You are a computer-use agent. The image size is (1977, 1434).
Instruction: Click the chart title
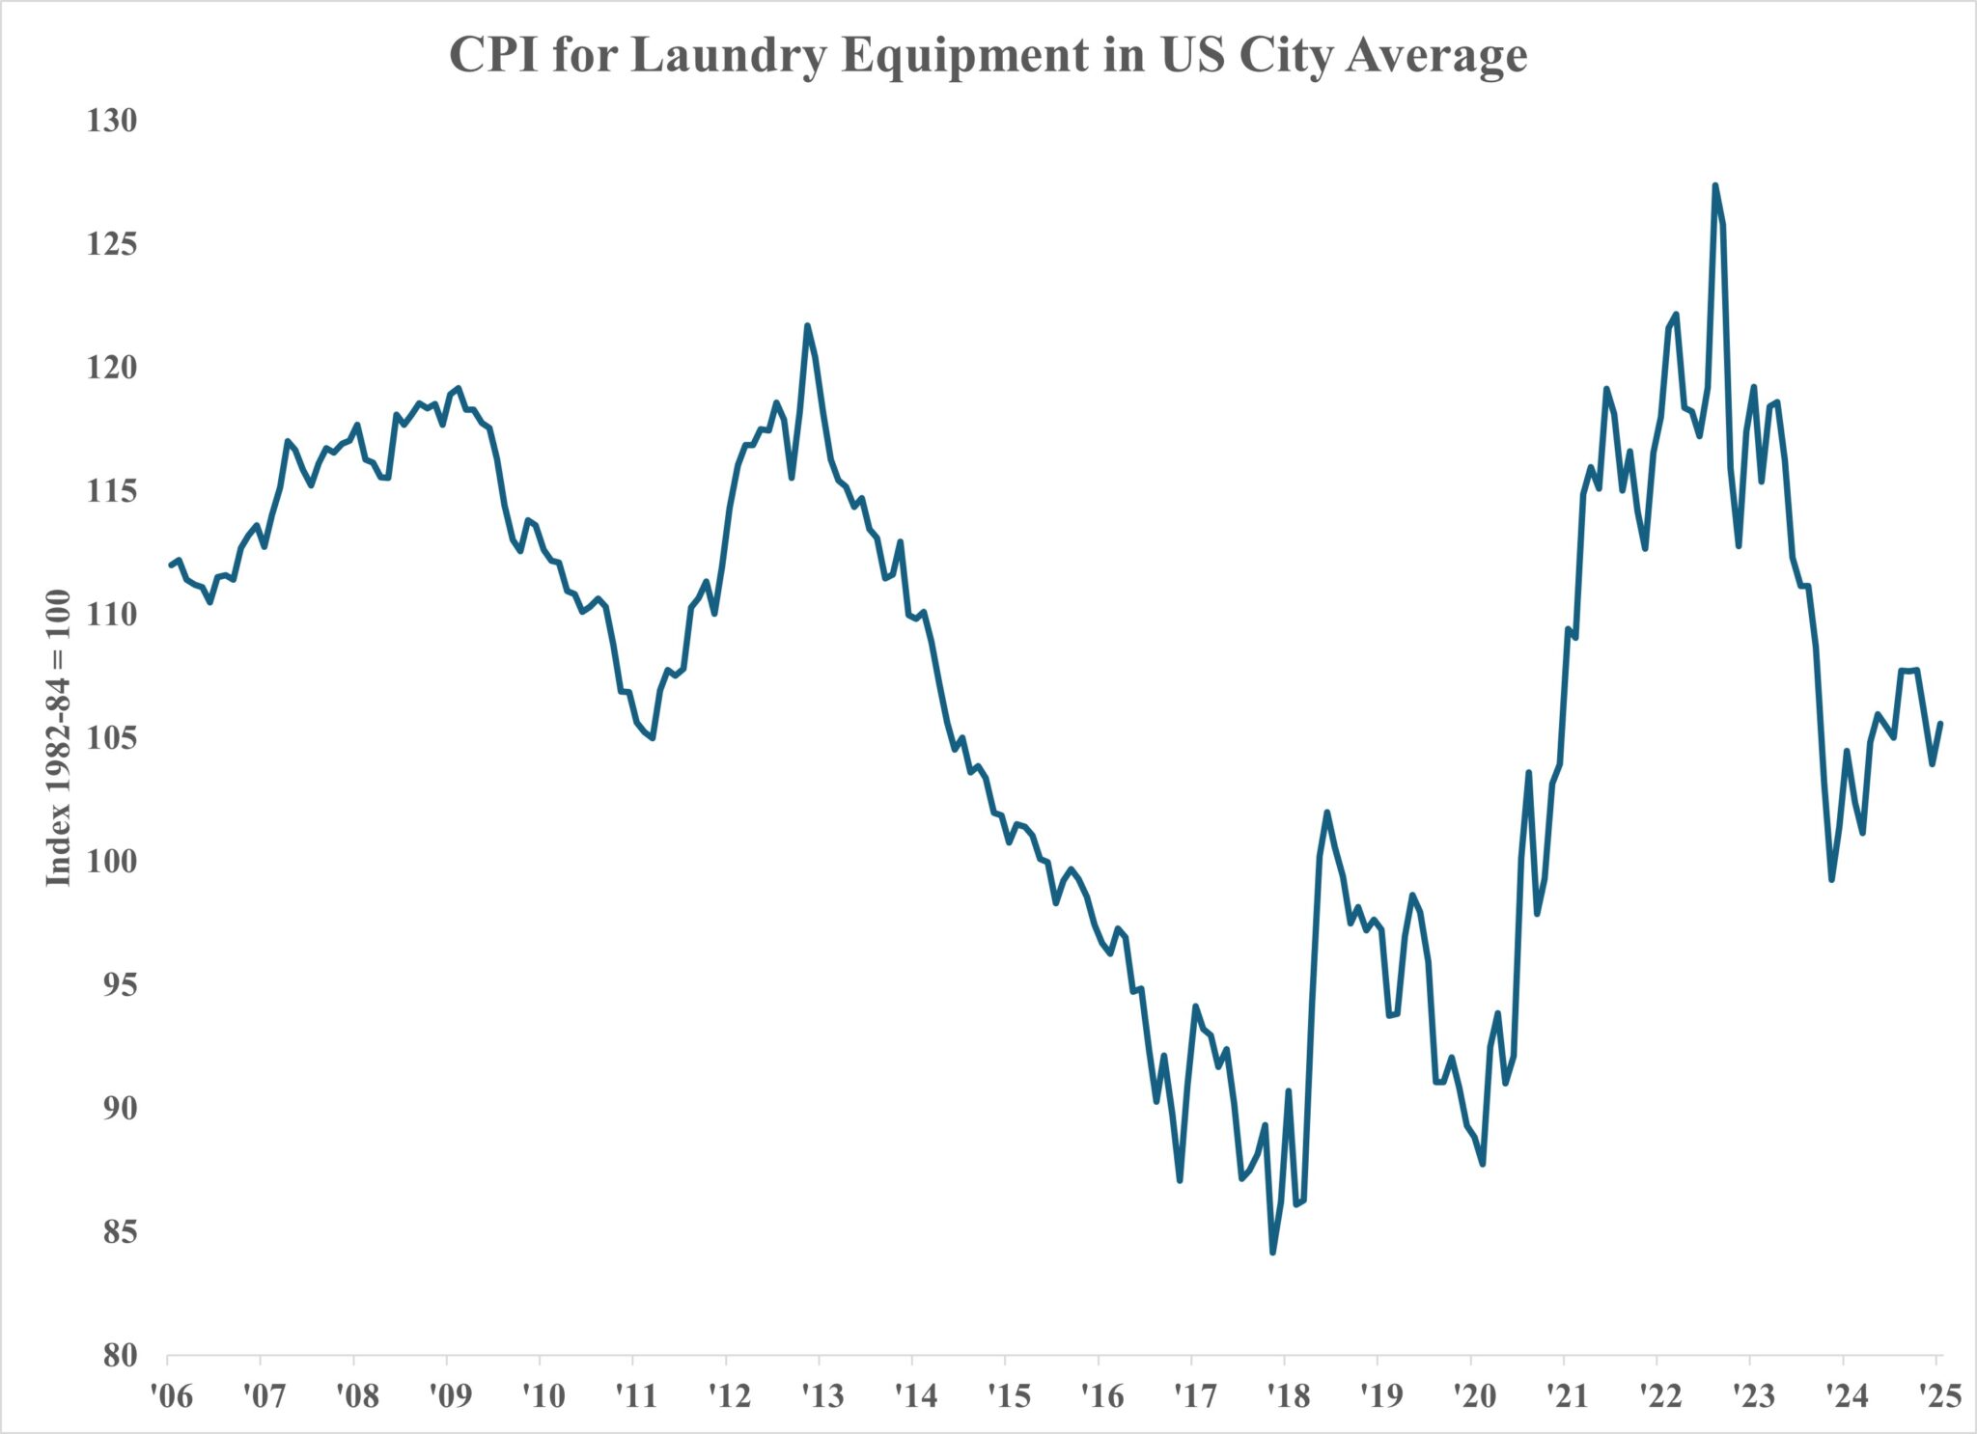pos(988,54)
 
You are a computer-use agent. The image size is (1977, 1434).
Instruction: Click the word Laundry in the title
pos(734,56)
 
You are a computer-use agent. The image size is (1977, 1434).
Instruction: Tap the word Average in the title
pos(1436,56)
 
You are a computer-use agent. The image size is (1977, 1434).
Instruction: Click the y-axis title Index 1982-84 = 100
pos(59,737)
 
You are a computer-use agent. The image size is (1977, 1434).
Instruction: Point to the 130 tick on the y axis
pos(112,121)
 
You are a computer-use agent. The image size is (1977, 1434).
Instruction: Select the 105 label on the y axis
pos(112,738)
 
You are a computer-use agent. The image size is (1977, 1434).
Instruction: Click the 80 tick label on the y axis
pos(120,1356)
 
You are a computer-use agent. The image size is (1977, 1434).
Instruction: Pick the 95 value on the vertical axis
pos(120,985)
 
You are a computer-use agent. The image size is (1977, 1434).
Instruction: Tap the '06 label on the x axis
pos(171,1395)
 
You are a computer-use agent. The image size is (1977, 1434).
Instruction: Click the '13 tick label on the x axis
pos(822,1395)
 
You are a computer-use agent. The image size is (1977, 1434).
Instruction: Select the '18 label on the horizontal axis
pos(1288,1395)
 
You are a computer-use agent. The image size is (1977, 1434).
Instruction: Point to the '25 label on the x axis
pos(1939,1395)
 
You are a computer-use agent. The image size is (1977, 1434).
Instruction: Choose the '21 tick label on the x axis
pos(1567,1395)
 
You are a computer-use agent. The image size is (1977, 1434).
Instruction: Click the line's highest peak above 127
pos(1714,185)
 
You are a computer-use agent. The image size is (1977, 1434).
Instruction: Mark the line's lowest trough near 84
pos(1272,1253)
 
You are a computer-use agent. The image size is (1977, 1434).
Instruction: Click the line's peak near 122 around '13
pos(807,326)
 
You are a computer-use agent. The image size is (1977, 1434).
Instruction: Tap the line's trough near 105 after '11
pos(654,738)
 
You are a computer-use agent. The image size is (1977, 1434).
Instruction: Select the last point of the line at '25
pos(1940,723)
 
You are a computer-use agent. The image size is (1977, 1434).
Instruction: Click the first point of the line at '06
pos(170,565)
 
